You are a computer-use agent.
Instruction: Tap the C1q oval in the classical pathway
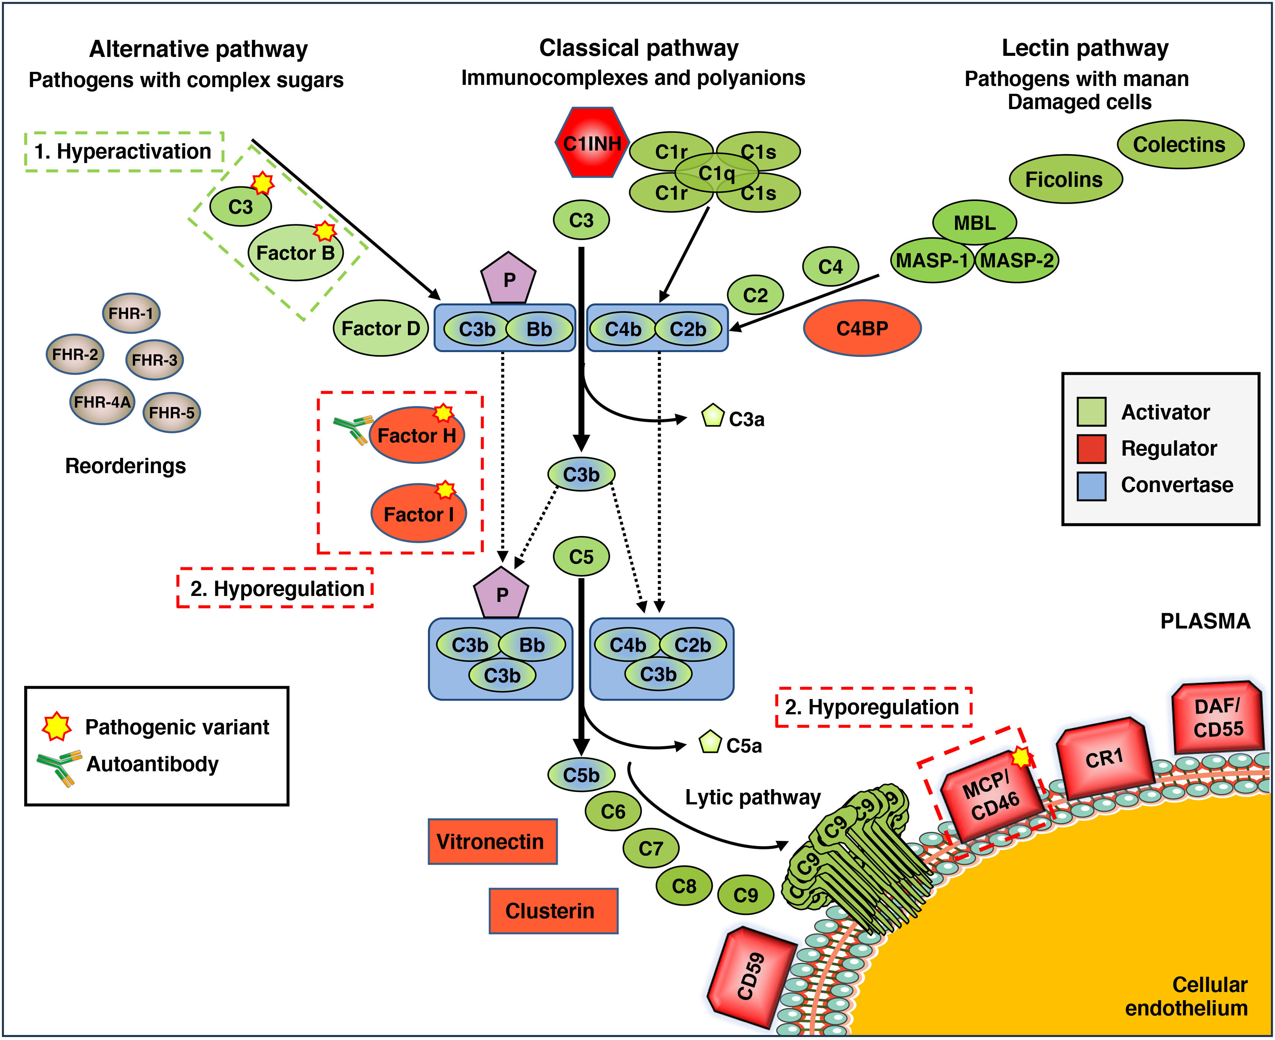click(717, 173)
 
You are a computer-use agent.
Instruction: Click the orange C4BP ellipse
click(862, 328)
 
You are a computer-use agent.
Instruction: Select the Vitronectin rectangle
click(492, 842)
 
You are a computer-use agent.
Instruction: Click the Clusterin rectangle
click(553, 910)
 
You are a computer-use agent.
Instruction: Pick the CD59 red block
click(751, 976)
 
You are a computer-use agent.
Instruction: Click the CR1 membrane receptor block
click(1104, 759)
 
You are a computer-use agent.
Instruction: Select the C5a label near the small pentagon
click(744, 746)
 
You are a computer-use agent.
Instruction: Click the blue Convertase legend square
click(1091, 485)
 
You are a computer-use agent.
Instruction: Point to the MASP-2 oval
click(1017, 261)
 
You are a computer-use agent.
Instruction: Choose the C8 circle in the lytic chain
click(684, 886)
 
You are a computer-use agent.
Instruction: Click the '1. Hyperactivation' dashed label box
click(124, 151)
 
